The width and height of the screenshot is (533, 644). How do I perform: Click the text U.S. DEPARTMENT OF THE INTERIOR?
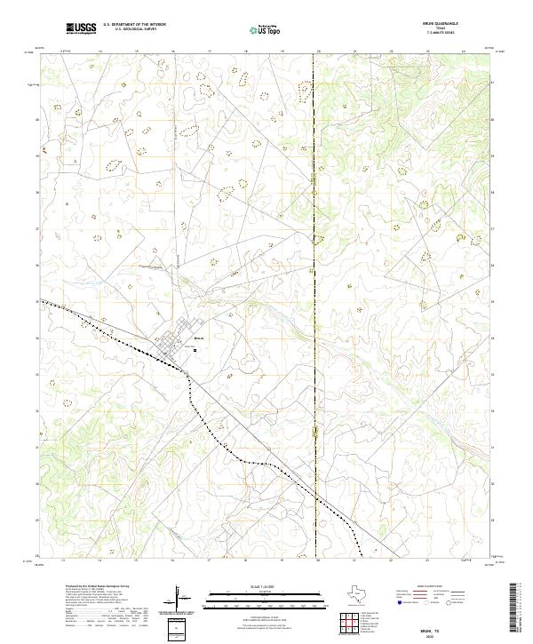pyautogui.click(x=134, y=25)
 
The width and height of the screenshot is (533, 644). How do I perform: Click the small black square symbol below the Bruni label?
pyautogui.click(x=195, y=350)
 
